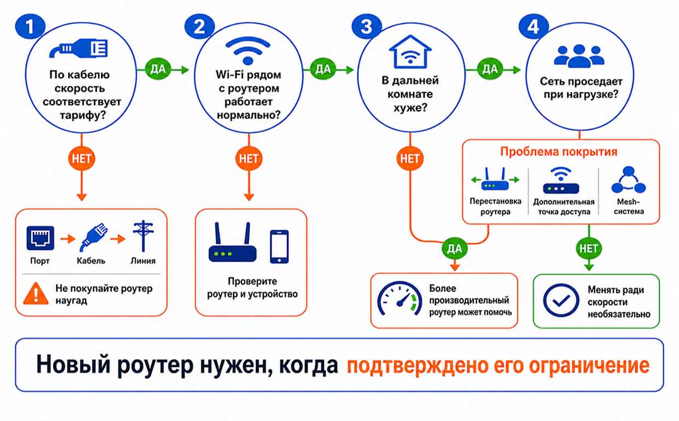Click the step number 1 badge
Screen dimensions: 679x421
(x=30, y=26)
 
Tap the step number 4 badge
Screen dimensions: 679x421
(x=533, y=26)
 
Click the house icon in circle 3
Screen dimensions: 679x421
(x=410, y=52)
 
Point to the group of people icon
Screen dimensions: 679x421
(x=579, y=56)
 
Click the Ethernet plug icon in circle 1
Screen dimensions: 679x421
(x=78, y=48)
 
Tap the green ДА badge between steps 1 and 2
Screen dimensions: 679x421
(x=158, y=69)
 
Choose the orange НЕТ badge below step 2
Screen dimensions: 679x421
(x=249, y=159)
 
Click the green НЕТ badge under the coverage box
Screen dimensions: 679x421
(x=589, y=249)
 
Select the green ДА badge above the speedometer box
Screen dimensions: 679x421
(x=455, y=249)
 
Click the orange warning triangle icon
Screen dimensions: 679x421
(x=36, y=293)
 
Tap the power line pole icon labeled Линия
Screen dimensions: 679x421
(x=143, y=236)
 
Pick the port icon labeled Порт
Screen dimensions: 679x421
(x=40, y=238)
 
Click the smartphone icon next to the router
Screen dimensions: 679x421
(x=279, y=247)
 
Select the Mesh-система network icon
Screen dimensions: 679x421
(x=629, y=180)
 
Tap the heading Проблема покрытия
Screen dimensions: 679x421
(x=559, y=151)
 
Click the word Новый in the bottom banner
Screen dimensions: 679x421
(x=73, y=364)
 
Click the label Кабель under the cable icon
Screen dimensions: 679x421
(x=91, y=261)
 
